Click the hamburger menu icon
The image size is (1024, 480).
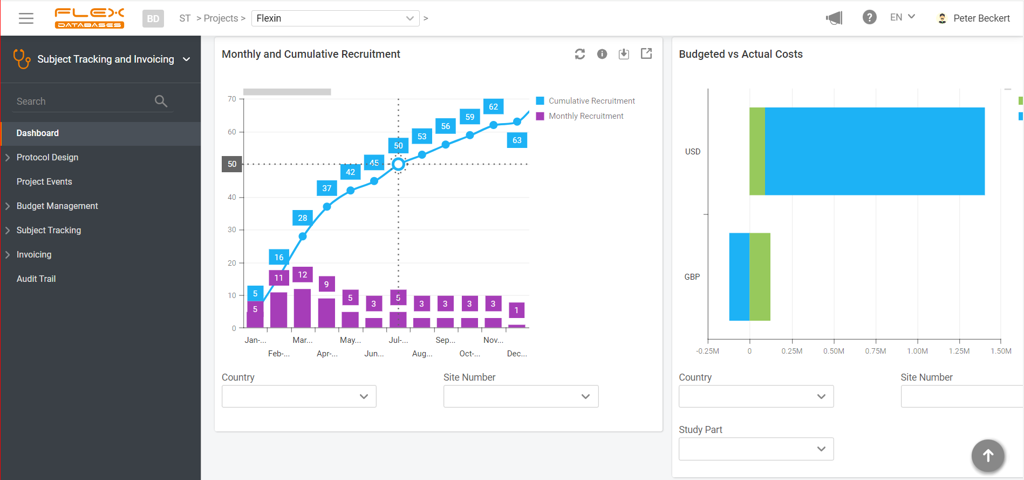(x=26, y=18)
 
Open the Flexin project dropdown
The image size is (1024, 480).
(x=335, y=18)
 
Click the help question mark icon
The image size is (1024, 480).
(x=869, y=18)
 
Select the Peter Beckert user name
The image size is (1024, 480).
(x=981, y=18)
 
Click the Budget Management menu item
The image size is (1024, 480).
(x=57, y=206)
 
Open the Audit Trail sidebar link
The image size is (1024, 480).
(x=36, y=279)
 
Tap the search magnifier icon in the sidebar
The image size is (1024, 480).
(x=161, y=101)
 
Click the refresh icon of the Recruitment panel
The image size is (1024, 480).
(x=580, y=54)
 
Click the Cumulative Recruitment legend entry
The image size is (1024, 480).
(x=591, y=101)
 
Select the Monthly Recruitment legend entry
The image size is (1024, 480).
(x=585, y=116)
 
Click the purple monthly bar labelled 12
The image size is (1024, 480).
(x=302, y=308)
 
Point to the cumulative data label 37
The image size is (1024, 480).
(x=326, y=188)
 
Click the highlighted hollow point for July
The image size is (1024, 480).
(x=398, y=164)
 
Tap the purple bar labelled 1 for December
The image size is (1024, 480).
(x=517, y=326)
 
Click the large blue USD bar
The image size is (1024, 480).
(x=874, y=151)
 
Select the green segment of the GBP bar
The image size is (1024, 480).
(x=760, y=276)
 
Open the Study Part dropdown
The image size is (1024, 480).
(x=756, y=449)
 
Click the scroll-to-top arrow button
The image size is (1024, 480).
(x=987, y=456)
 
